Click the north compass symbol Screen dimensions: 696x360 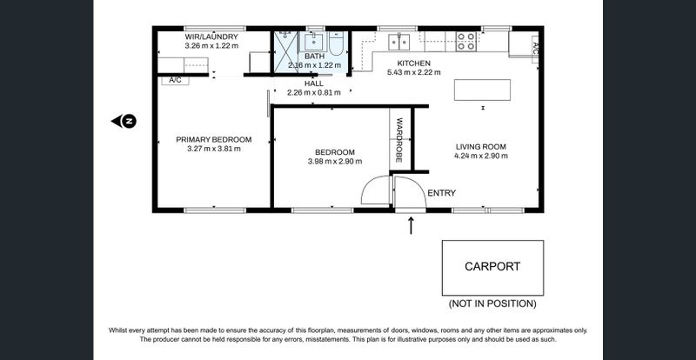tap(124, 121)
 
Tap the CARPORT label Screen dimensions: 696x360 tap(492, 266)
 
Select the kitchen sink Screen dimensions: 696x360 tap(399, 41)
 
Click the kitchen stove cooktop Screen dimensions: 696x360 tap(466, 41)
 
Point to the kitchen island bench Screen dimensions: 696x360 tap(482, 90)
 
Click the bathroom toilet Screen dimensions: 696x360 tap(336, 43)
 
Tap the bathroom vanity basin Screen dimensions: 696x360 tap(315, 41)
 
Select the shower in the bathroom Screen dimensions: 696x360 tap(284, 51)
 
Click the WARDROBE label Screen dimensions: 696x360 tap(399, 139)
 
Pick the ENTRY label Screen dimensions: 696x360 tap(441, 193)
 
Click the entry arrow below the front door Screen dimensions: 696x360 tap(411, 225)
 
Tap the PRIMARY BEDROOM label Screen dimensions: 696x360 tap(213, 139)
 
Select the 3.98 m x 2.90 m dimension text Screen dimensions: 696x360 tap(335, 162)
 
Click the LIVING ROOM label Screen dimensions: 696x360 tap(481, 147)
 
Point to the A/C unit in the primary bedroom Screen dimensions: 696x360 tap(175, 80)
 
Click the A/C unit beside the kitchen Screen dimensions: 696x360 tap(535, 49)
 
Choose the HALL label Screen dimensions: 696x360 tap(314, 83)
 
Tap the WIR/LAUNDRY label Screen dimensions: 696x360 tap(211, 37)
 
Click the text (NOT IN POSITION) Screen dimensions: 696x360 tap(492, 303)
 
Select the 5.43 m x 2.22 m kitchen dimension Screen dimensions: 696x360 tap(414, 72)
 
